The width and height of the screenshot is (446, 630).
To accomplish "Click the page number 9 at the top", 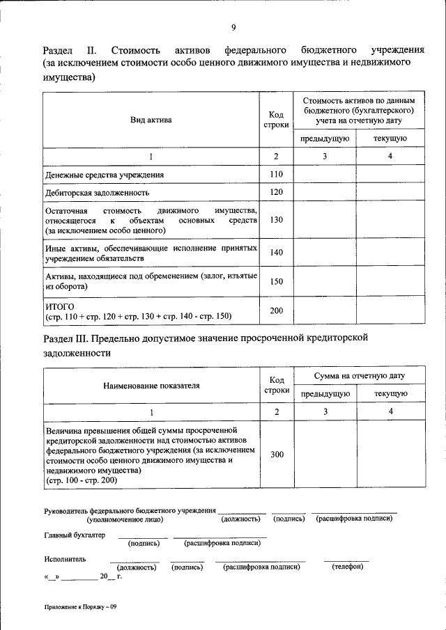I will tap(233, 27).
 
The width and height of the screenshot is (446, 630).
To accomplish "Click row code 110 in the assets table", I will tap(277, 174).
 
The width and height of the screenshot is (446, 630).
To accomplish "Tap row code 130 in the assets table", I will tap(277, 220).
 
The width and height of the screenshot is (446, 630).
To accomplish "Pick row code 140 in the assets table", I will tap(277, 253).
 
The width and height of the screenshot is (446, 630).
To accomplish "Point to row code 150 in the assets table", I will tap(277, 281).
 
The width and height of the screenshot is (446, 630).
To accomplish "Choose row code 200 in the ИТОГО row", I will tap(277, 310).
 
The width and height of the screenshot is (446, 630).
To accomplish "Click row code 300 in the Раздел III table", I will tap(277, 455).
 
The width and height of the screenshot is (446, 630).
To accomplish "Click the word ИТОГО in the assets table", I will tap(60, 306).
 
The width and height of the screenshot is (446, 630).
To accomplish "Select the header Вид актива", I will tap(151, 120).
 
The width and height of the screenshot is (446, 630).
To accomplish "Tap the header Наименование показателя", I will tap(151, 385).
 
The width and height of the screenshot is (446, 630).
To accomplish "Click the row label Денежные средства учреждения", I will tap(105, 175).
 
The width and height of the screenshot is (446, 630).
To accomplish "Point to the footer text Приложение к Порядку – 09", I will tap(81, 607).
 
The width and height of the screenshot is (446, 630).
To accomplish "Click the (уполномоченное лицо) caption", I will tap(125, 519).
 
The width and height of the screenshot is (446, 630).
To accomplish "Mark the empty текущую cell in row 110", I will tap(390, 174).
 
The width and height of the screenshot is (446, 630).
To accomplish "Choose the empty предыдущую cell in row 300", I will tap(325, 455).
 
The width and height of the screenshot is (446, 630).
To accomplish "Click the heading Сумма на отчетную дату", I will tap(359, 376).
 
